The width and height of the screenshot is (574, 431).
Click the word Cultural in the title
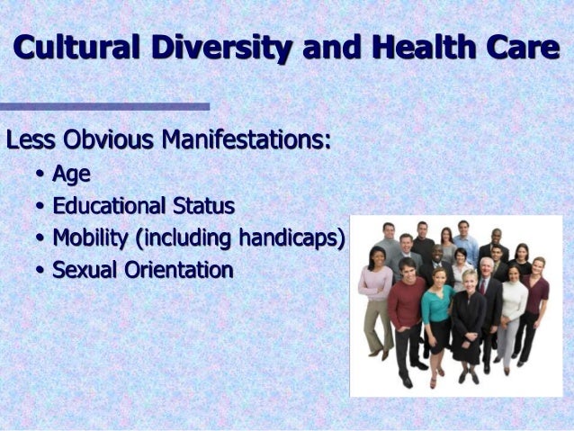point(73,47)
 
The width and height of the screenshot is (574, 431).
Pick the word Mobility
point(89,238)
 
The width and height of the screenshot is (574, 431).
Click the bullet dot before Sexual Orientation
point(40,270)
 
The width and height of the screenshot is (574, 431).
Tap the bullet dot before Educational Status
point(40,207)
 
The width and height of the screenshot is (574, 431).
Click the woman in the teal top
point(437,310)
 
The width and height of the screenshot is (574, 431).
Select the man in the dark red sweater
point(406,306)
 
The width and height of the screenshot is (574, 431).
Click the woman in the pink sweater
point(375,288)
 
